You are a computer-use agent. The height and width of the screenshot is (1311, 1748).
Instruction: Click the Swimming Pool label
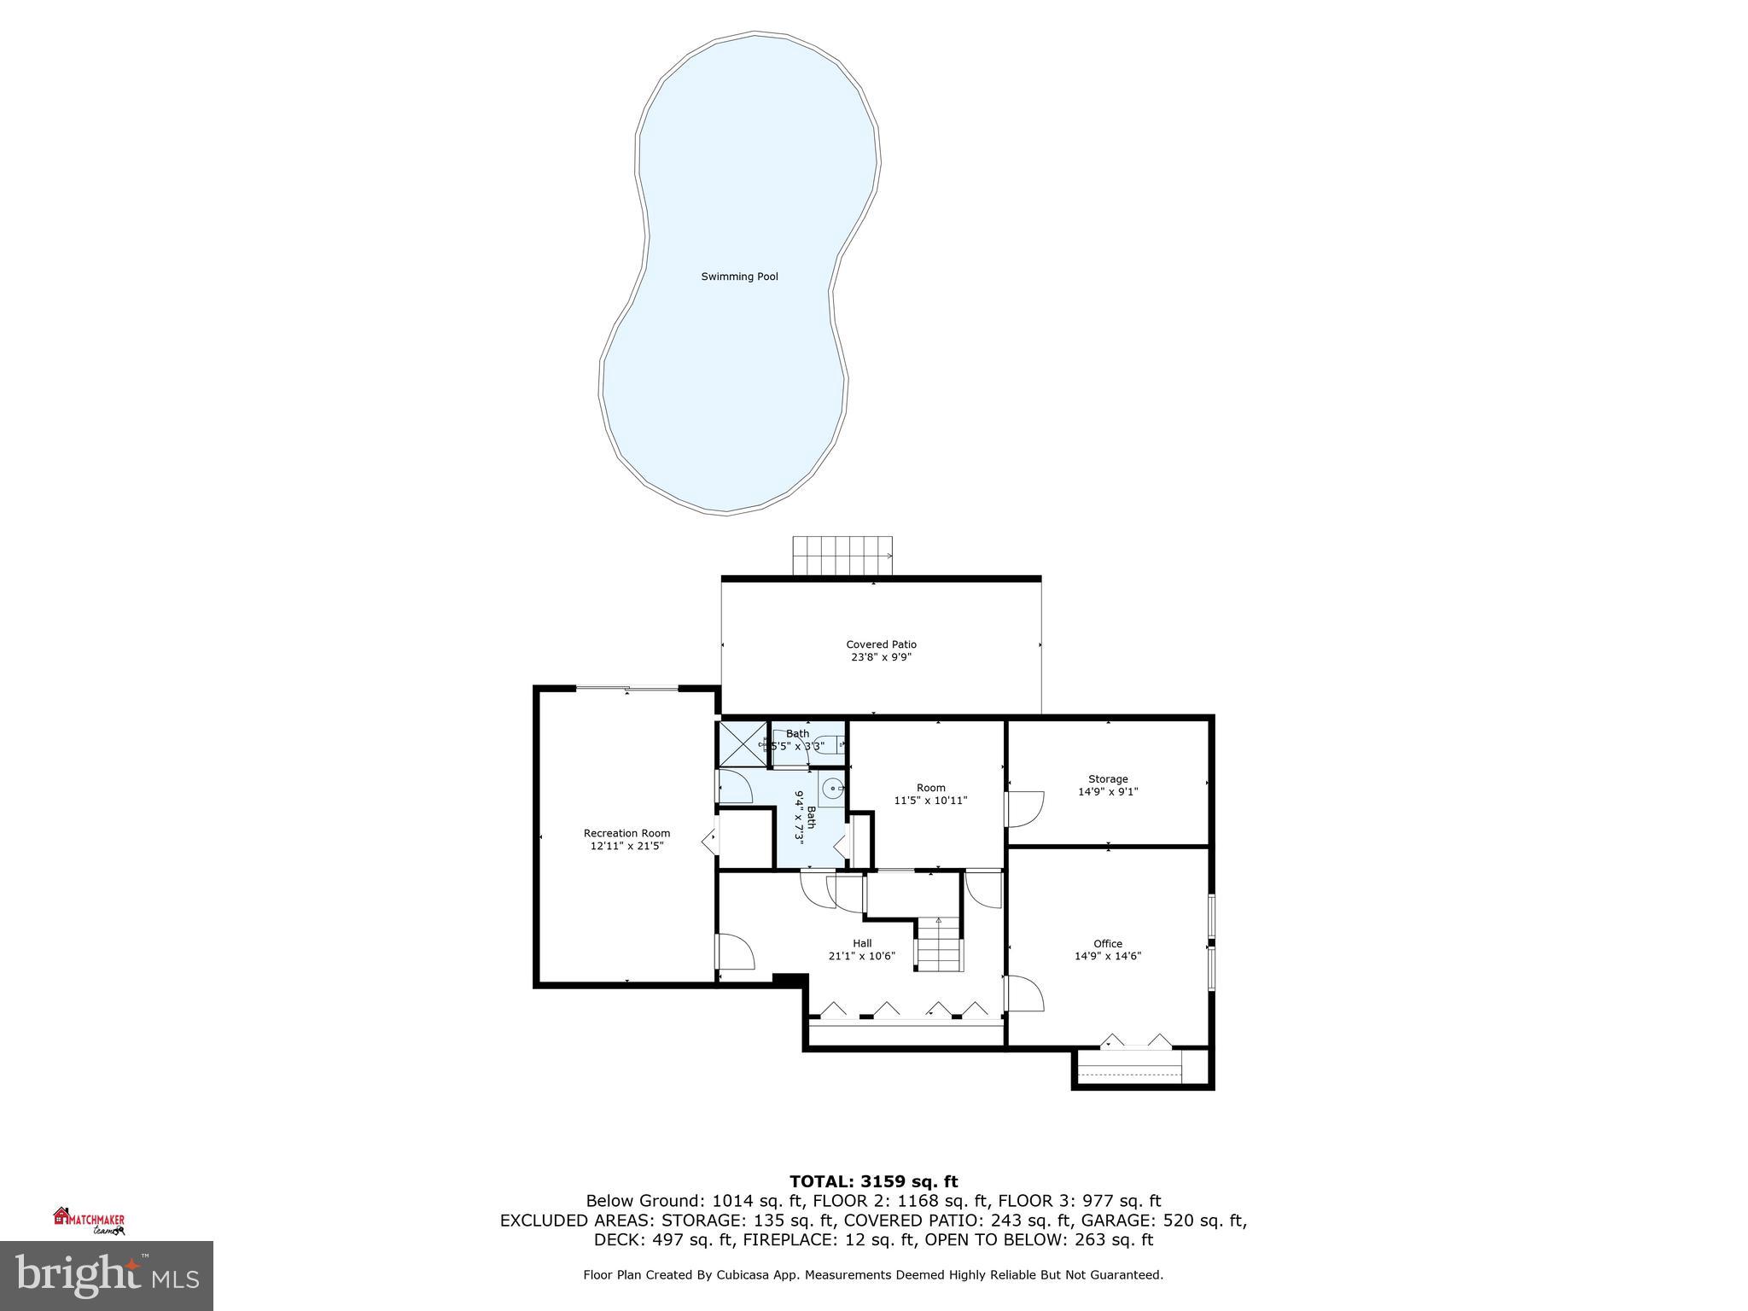pos(739,277)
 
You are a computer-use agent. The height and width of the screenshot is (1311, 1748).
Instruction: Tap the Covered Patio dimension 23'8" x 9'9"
pos(881,657)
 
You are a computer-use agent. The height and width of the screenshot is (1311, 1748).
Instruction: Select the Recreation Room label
pos(626,833)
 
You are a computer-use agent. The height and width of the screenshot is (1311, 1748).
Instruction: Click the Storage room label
pos(1108,778)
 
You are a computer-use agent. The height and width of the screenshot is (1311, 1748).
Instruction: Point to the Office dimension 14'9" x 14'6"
pos(1108,956)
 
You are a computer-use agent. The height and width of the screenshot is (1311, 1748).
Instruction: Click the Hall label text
pos(862,943)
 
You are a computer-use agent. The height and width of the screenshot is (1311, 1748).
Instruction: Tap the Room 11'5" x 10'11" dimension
pos(930,801)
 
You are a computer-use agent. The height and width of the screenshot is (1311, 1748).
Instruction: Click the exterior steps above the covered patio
pos(842,556)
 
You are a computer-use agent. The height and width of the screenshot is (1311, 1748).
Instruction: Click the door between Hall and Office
pos(1023,993)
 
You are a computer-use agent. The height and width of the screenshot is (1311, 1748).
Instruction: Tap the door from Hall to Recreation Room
pos(735,952)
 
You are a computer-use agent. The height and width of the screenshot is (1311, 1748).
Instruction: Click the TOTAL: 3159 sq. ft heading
pos(873,1181)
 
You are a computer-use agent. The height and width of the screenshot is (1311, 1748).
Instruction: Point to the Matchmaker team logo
pos(89,1221)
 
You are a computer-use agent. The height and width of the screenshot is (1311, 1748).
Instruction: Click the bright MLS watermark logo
pos(106,1275)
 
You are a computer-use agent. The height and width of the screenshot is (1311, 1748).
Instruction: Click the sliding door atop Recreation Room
pos(627,688)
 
